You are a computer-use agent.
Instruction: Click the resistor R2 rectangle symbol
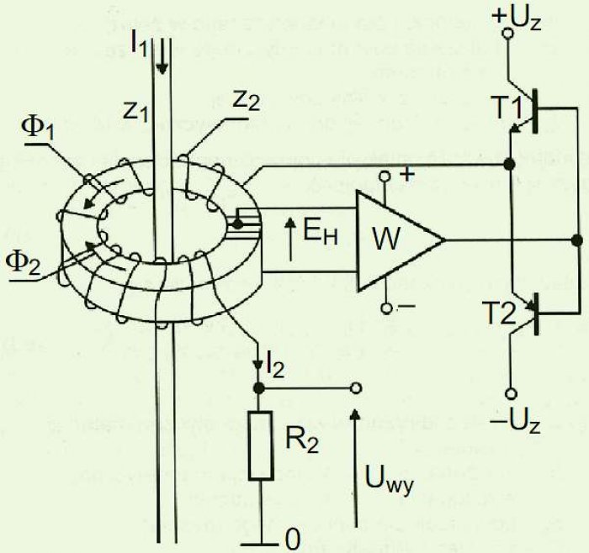260,445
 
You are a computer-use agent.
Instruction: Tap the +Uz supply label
516,18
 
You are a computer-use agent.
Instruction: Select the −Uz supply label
516,423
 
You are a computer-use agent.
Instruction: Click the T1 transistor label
507,108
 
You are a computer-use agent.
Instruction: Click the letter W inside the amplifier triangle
386,239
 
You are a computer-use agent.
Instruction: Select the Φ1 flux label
38,129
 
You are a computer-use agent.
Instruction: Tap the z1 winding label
135,112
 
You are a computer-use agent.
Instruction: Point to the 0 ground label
293,540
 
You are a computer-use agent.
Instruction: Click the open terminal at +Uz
507,34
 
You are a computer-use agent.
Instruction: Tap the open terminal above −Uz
511,393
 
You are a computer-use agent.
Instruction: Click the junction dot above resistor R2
258,388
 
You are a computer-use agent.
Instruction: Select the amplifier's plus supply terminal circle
385,176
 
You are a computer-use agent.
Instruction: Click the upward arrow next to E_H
290,240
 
